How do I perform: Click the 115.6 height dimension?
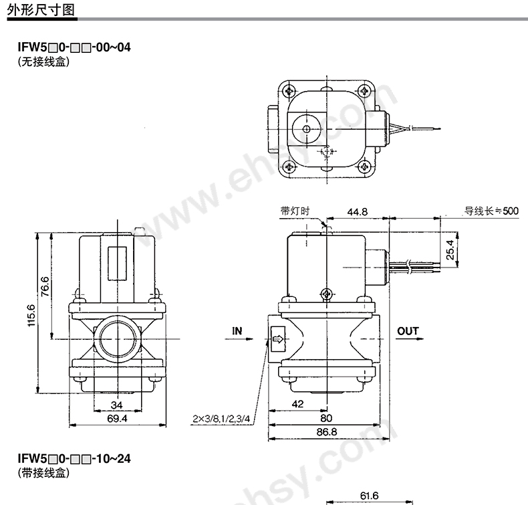coord(31,315)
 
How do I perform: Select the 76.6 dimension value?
coord(45,287)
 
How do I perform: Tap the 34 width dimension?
coord(116,405)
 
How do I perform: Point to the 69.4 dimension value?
coord(117,419)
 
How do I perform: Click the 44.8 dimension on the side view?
coord(358,212)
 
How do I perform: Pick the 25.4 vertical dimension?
coord(450,249)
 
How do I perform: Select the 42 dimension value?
coord(297,404)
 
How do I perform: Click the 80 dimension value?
coord(326,418)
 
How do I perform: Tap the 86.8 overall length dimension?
coord(326,431)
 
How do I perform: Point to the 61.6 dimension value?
coord(369,496)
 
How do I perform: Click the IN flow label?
coord(237,331)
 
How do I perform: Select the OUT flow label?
coord(408,331)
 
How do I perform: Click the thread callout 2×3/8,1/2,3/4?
coord(221,419)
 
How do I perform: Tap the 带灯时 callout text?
coord(295,211)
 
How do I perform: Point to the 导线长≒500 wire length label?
coord(491,211)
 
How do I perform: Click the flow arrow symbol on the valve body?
coord(278,339)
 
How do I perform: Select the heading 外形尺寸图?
coord(41,9)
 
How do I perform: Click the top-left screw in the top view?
coord(289,90)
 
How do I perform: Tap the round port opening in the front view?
coord(117,338)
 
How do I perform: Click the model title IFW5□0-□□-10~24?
coord(74,458)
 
